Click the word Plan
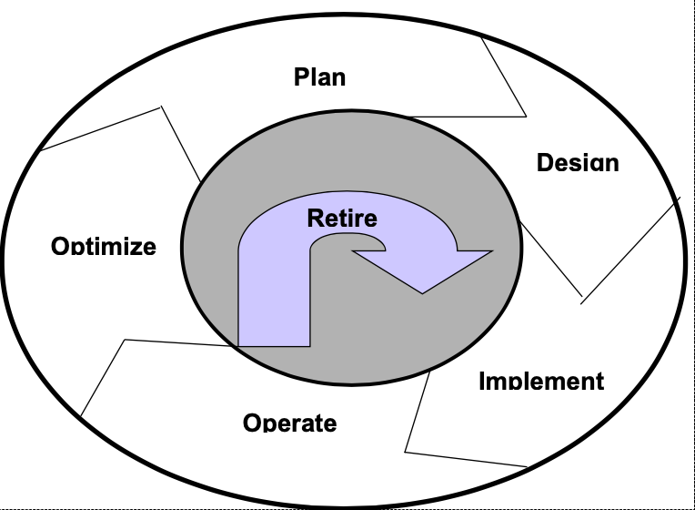pyautogui.click(x=319, y=76)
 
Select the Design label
pyautogui.click(x=578, y=163)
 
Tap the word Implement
pyautogui.click(x=541, y=381)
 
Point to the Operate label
pyautogui.click(x=290, y=423)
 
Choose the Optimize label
pyautogui.click(x=104, y=246)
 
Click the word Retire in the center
pyautogui.click(x=342, y=219)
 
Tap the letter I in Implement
pyautogui.click(x=482, y=381)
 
